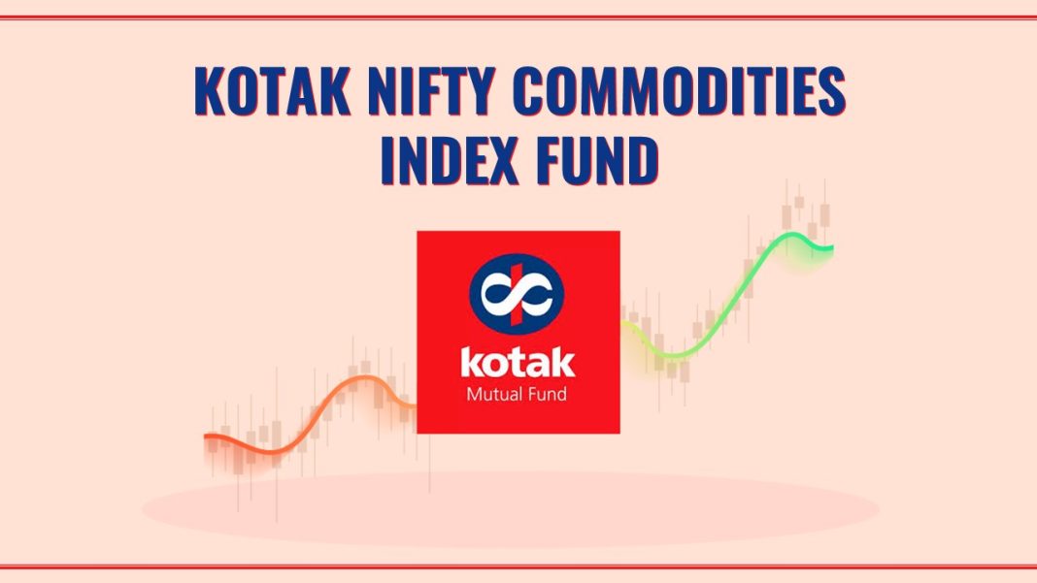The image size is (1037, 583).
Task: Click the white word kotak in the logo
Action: point(518,365)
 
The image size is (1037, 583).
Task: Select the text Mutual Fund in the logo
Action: point(518,394)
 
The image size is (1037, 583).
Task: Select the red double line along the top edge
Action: point(518,16)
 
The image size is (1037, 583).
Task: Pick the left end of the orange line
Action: point(207,437)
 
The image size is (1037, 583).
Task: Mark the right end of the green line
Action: point(831,248)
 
